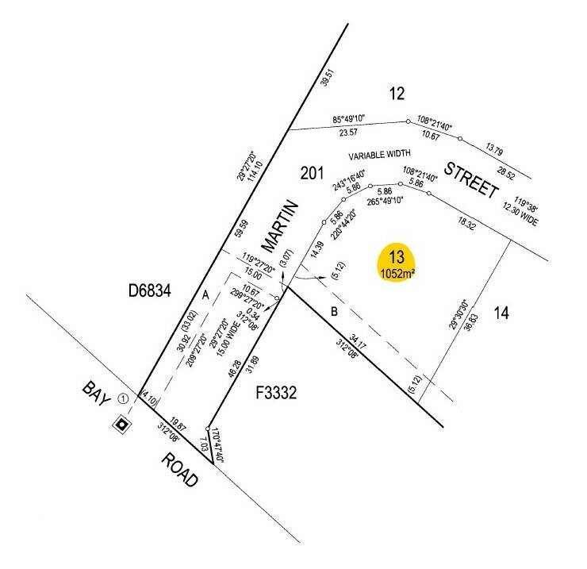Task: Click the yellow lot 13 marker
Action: [397, 263]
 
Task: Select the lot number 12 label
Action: [397, 94]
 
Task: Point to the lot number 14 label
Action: [499, 313]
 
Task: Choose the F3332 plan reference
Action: [278, 393]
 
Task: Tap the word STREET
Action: [470, 180]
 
